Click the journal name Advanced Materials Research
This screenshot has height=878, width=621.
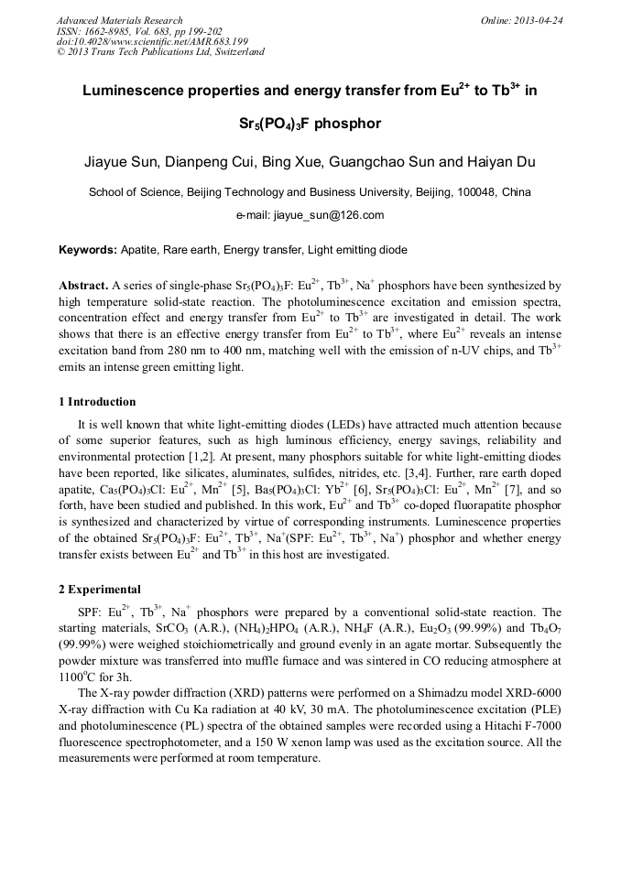(x=119, y=20)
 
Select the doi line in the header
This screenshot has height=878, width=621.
(x=152, y=41)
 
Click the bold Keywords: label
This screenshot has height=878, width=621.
(x=88, y=249)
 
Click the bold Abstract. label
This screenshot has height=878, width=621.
(x=83, y=286)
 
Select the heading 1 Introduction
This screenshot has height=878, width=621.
(x=97, y=402)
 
